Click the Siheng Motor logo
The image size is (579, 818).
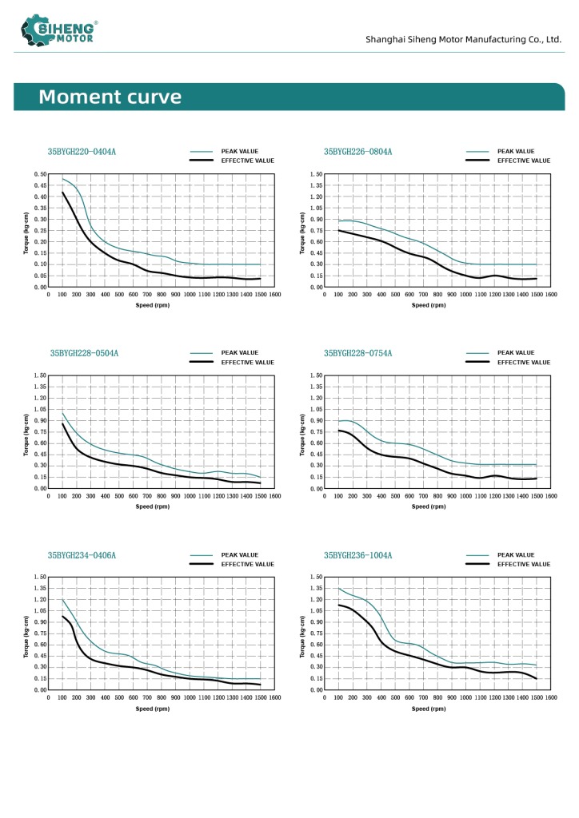(x=60, y=31)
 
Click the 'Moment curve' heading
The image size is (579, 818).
(x=110, y=97)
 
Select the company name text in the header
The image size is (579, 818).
(x=463, y=39)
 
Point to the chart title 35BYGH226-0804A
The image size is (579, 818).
(x=357, y=151)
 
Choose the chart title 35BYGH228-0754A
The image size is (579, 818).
(x=357, y=352)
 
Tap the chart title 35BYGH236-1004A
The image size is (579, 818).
(x=357, y=554)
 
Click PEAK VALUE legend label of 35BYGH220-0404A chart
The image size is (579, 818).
(x=239, y=151)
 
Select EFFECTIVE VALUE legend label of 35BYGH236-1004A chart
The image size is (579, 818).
(x=524, y=564)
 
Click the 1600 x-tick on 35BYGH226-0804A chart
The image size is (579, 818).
(x=550, y=294)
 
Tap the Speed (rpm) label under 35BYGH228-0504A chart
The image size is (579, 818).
(x=153, y=506)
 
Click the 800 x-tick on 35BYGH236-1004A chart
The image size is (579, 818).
(x=437, y=697)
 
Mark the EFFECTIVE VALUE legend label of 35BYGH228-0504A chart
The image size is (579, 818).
(x=248, y=362)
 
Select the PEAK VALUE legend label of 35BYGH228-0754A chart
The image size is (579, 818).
(x=516, y=352)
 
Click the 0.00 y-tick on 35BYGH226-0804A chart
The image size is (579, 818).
(x=316, y=287)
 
